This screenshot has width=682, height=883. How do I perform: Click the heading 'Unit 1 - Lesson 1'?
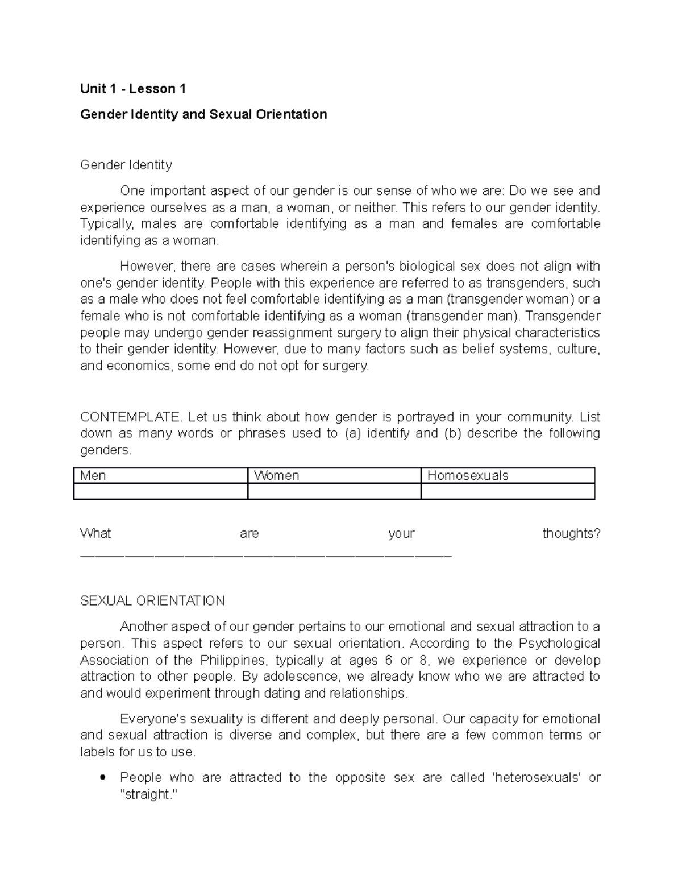[133, 89]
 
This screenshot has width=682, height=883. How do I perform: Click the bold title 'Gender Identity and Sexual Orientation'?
[203, 114]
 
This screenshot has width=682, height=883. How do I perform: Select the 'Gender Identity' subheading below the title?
[126, 165]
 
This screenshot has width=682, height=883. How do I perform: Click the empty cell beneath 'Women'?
[334, 491]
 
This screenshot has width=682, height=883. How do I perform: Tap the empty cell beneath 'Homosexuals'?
[508, 491]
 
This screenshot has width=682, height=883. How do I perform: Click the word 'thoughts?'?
[571, 533]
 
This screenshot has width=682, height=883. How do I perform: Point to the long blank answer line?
[266, 555]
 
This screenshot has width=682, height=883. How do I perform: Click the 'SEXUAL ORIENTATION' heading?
[152, 601]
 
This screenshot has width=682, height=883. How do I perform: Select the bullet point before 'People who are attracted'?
[102, 777]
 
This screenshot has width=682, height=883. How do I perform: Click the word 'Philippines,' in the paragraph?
[233, 660]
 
